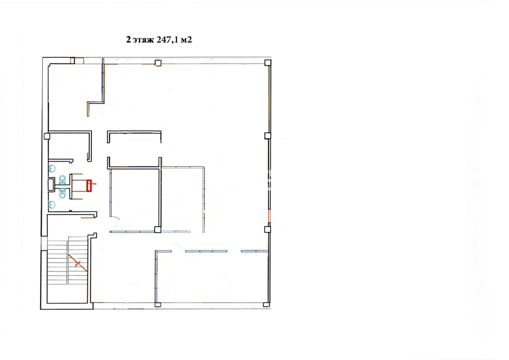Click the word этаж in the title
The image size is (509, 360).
(143, 40)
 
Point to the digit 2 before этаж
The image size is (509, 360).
(129, 40)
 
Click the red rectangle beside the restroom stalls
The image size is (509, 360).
(89, 185)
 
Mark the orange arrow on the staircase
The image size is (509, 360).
(78, 263)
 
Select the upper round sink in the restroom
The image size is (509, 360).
(52, 169)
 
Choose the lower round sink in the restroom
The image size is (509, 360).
(52, 204)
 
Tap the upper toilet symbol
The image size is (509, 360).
(62, 180)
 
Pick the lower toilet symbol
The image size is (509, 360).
(62, 193)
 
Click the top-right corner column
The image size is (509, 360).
(268, 63)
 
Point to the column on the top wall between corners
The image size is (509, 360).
(158, 63)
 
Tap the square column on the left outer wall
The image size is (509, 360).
(47, 136)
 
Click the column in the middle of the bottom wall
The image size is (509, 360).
(158, 304)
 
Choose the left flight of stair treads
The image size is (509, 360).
(57, 262)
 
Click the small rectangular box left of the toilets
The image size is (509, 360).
(51, 184)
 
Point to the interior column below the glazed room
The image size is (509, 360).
(158, 230)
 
